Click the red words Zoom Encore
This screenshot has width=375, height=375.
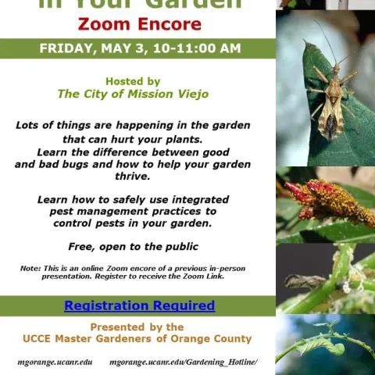139,24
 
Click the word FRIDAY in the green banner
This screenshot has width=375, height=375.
66,48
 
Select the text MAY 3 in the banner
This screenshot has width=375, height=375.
125,48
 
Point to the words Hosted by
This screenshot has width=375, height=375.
133,81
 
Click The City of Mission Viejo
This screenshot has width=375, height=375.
133,94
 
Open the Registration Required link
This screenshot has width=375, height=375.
139,305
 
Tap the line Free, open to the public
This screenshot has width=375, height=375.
133,247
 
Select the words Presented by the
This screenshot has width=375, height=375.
137,327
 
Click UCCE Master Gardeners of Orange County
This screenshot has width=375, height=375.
137,339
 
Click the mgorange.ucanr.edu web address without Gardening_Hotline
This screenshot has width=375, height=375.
55,362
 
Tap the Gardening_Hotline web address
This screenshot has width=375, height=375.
183,362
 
